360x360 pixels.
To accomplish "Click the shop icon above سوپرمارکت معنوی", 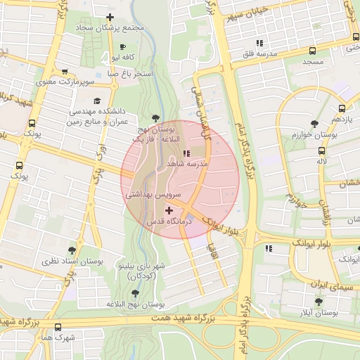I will tap(65, 72).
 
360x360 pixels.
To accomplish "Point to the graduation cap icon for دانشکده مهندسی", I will tap(107, 100).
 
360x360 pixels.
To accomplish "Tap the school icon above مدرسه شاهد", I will tap(186, 153).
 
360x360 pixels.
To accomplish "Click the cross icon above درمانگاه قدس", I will tap(168, 210).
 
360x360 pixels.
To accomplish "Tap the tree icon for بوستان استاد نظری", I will tap(71, 250).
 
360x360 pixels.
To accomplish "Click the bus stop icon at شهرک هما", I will tap(58, 327).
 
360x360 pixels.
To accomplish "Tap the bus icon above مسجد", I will tap(311, 50).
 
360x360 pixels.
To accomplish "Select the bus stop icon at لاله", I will tap(322, 150).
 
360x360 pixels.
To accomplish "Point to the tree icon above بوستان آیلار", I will tap(319, 301).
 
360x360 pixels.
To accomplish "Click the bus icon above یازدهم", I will tap(342, 108).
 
